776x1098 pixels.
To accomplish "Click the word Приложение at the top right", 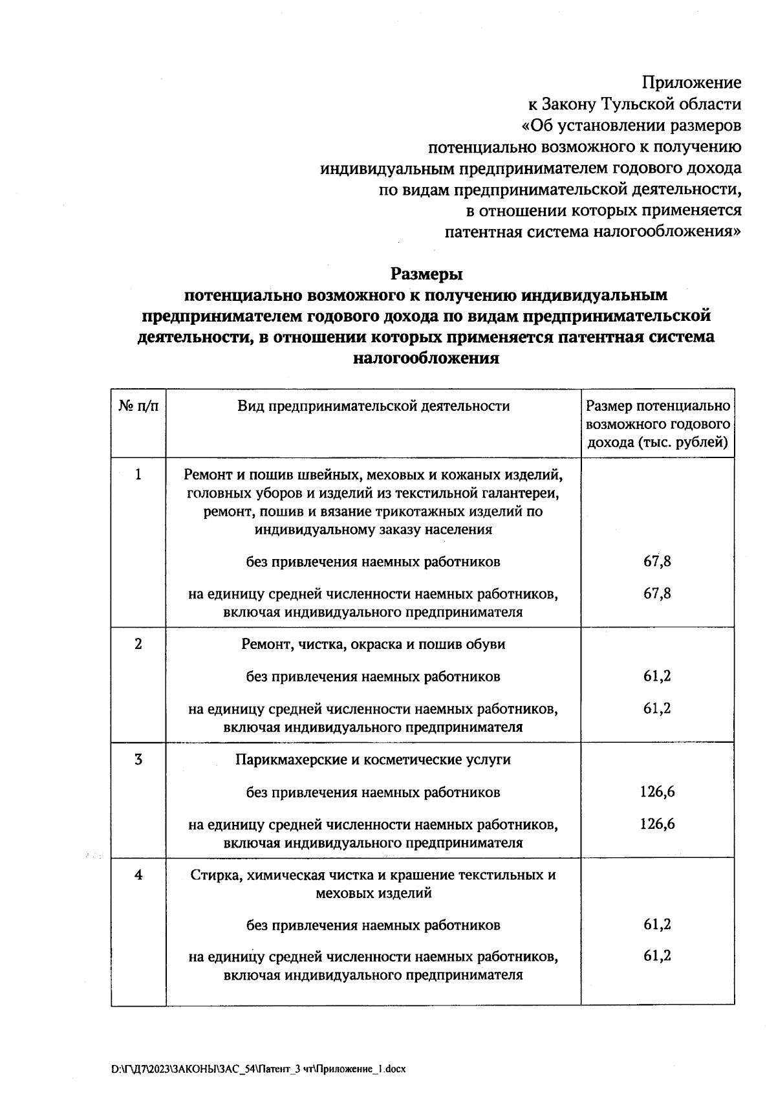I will click(691, 83).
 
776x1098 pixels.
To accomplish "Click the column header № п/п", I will click(138, 406).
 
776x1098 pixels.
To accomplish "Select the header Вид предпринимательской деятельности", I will click(373, 406).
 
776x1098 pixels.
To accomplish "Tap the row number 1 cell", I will click(138, 476).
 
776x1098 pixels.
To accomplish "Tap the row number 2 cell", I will click(138, 644).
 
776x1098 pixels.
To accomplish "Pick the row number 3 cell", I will click(138, 760).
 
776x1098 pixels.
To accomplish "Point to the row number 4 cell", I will click(138, 875).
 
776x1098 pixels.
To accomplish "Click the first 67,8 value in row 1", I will click(657, 562).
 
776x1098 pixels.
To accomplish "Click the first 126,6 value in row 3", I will click(657, 792).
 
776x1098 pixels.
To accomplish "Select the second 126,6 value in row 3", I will click(657, 824).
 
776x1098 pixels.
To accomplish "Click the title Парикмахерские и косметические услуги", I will click(373, 760).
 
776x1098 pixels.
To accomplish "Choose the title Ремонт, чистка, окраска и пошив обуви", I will click(373, 644).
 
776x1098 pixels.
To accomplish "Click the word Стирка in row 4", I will click(211, 875).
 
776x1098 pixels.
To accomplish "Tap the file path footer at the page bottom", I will click(259, 1070).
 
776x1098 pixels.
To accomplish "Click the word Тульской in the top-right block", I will click(636, 104).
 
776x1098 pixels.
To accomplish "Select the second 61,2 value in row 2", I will click(657, 708).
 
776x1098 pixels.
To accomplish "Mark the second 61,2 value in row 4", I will click(657, 956).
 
